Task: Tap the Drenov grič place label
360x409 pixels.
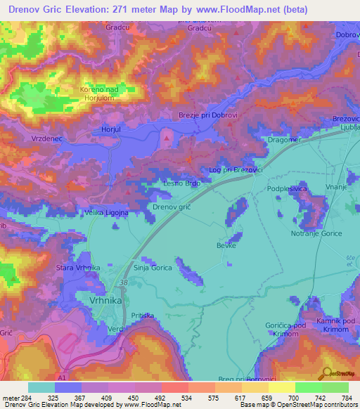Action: pos(173,207)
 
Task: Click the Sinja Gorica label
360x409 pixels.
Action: pos(153,268)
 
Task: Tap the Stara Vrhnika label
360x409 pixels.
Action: pos(79,268)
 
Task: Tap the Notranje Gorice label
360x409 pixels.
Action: pos(316,233)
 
